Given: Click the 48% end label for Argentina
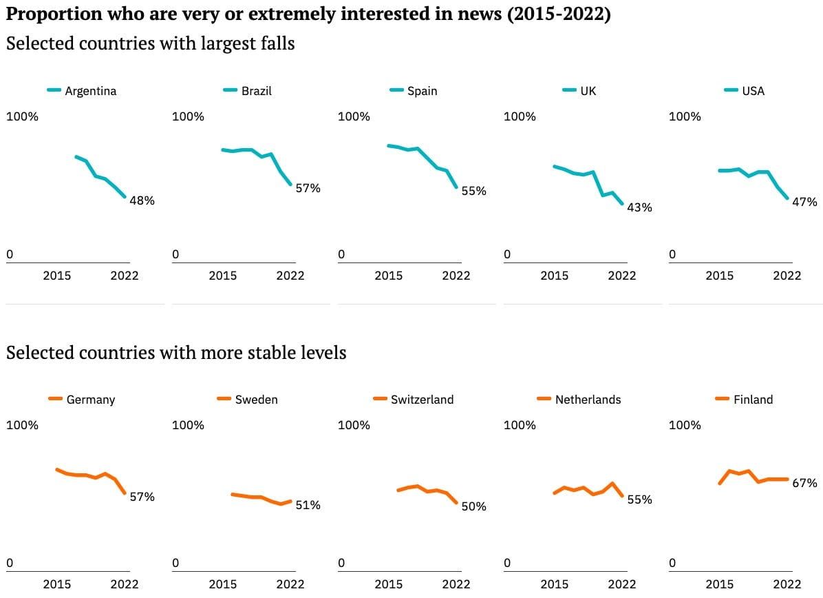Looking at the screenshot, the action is click(142, 200).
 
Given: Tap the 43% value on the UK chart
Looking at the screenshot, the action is click(639, 207).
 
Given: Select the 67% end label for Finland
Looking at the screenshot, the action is click(804, 483).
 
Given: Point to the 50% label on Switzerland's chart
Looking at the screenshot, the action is click(474, 506).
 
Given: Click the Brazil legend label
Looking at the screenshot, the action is click(257, 91).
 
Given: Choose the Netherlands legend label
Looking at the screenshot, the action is click(588, 400).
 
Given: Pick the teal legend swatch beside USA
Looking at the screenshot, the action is click(731, 90).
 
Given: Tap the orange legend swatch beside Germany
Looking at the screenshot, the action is click(55, 399).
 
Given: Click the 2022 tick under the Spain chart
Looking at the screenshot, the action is click(456, 276).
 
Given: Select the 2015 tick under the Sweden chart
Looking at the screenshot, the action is click(222, 584).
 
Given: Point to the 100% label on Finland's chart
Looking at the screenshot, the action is click(685, 425).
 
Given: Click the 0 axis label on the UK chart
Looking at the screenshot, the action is click(507, 254).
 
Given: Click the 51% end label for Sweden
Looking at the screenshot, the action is click(308, 505).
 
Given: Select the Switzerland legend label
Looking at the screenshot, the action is click(422, 400).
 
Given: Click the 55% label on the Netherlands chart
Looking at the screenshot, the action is click(640, 499).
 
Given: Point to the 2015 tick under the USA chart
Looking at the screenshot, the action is click(719, 276).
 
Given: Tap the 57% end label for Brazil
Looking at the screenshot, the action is click(308, 188).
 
